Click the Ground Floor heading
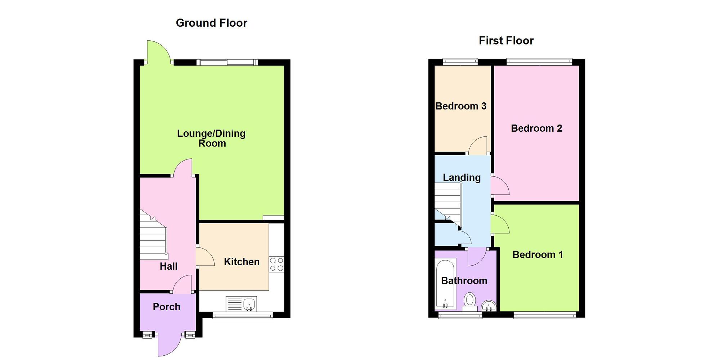(x=211, y=23)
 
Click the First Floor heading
(x=506, y=41)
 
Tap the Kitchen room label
(x=242, y=262)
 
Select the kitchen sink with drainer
(x=241, y=304)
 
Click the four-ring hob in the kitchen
(x=276, y=264)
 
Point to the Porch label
(x=166, y=307)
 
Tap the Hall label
(x=168, y=266)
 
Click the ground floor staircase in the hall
(x=153, y=238)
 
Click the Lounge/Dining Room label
(x=212, y=138)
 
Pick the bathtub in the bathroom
(x=446, y=284)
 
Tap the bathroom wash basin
(x=489, y=306)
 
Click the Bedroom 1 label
(x=537, y=255)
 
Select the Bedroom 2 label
(x=536, y=129)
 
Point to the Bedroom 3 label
(x=461, y=106)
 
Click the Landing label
(x=462, y=177)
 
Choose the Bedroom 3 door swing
(x=478, y=146)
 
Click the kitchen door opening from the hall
(x=204, y=257)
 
